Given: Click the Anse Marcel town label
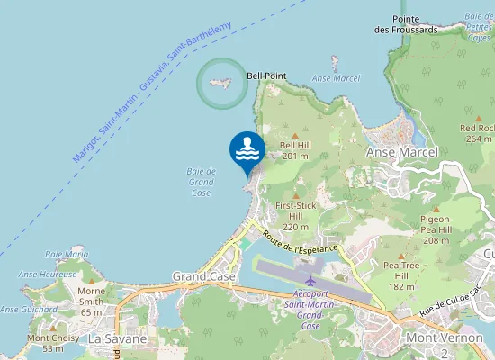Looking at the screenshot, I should coord(401,153).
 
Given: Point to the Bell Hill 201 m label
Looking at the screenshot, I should coord(294,150).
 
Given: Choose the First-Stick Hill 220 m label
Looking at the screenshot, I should coord(296,216).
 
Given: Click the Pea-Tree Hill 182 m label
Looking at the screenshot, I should coord(401,275).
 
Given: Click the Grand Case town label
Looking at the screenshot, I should coord(203,276).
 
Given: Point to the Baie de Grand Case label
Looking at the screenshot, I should coord(202,182).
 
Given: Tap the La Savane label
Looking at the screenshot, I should coord(113,339).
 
